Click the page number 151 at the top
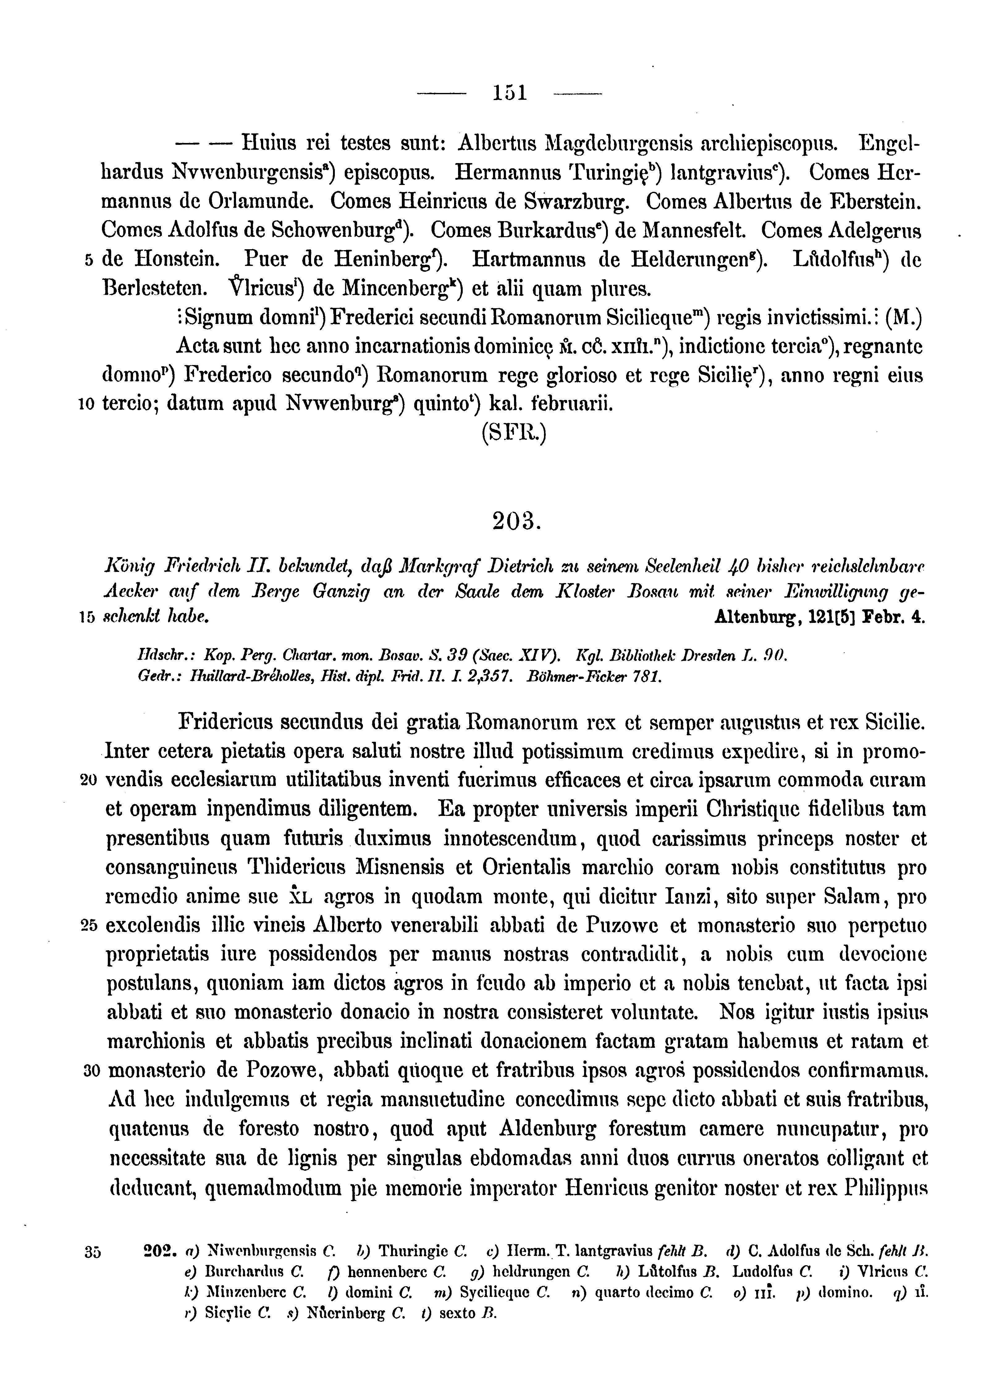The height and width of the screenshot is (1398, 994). click(x=509, y=93)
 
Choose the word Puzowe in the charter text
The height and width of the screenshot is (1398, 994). click(x=621, y=926)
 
